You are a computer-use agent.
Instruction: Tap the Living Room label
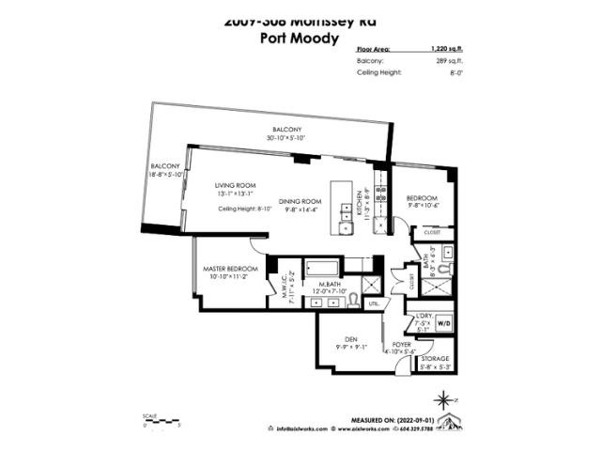coord(235,185)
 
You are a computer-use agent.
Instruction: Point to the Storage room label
coord(435,359)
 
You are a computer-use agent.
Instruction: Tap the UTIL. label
coord(373,303)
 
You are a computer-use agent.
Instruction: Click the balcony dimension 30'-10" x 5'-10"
coord(287,138)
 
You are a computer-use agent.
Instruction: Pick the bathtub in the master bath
coord(324,267)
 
